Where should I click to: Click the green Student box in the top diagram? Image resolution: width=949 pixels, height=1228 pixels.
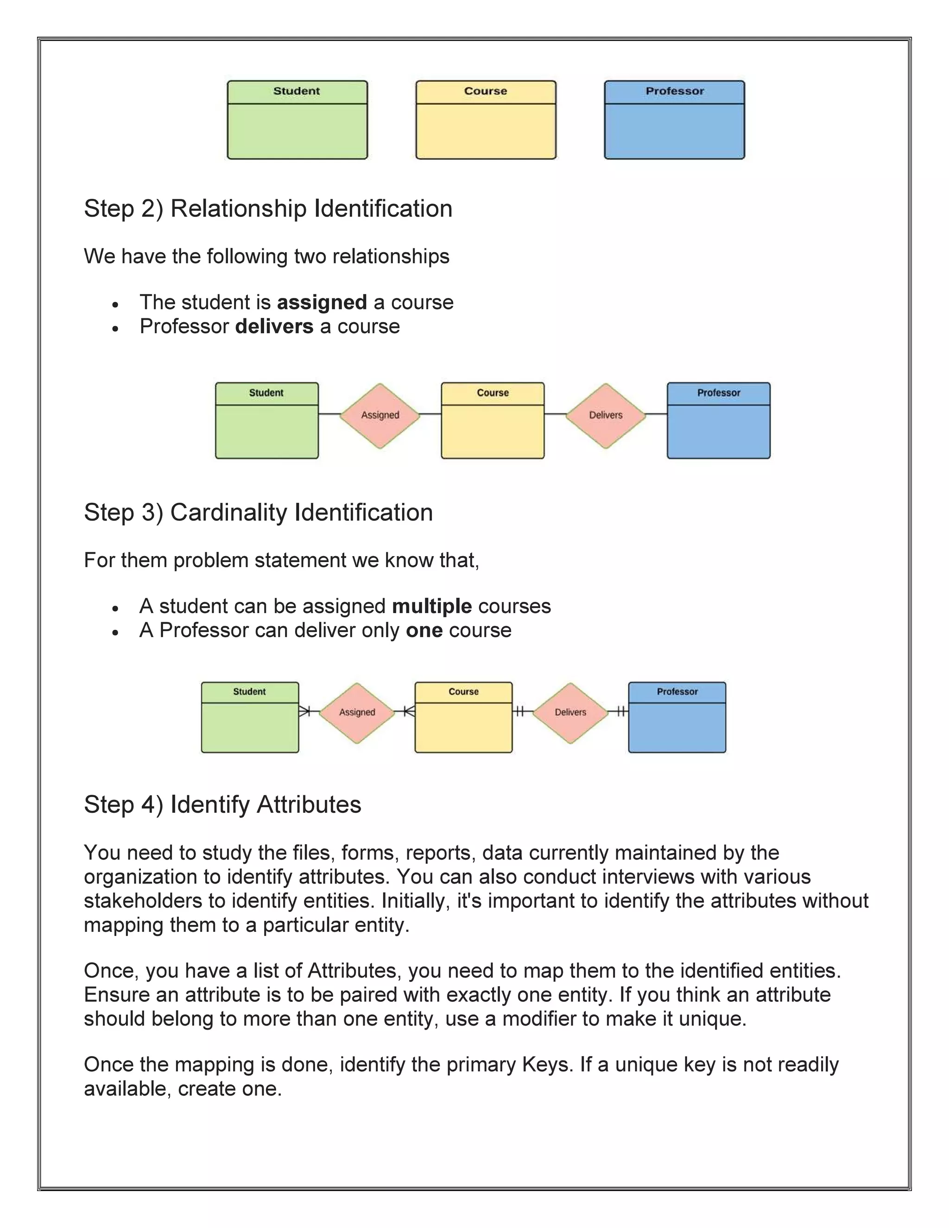tap(297, 120)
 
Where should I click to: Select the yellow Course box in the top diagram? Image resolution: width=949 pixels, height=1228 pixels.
tap(486, 120)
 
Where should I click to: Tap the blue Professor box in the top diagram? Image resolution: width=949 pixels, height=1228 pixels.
tap(674, 120)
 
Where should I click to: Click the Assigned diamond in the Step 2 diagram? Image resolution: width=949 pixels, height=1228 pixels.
tap(380, 416)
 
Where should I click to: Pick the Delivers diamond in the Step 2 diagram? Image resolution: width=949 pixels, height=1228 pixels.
tap(606, 416)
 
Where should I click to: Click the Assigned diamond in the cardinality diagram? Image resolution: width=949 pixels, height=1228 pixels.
tap(357, 712)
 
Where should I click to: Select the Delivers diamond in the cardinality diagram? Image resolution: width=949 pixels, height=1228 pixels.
tap(570, 712)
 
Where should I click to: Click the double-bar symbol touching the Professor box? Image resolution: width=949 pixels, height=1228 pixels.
tap(620, 711)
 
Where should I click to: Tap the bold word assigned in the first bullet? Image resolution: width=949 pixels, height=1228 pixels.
tap(322, 303)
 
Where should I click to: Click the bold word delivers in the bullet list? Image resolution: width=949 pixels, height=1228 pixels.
tap(274, 327)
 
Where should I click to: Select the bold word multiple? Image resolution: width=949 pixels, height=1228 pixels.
tap(432, 606)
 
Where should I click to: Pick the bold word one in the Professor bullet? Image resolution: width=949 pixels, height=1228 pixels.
tap(424, 630)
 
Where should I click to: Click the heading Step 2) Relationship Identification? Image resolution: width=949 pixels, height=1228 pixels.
tap(268, 209)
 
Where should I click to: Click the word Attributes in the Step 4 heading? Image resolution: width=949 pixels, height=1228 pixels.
tap(309, 804)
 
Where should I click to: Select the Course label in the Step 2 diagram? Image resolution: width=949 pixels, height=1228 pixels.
tap(493, 393)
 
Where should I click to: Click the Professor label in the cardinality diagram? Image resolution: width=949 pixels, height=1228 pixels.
tap(677, 691)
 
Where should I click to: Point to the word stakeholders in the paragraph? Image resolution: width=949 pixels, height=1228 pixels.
tap(143, 901)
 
